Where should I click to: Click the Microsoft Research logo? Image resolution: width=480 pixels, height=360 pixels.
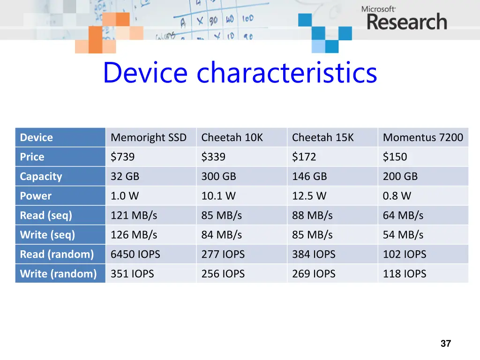click(404, 18)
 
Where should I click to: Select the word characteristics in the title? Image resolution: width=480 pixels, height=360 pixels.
click(287, 73)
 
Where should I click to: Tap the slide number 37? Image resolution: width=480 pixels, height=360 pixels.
click(446, 344)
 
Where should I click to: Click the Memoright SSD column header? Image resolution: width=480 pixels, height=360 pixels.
click(148, 137)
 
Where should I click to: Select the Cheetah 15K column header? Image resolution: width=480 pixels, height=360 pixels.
click(322, 137)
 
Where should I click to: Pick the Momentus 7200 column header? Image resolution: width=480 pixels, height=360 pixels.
click(422, 137)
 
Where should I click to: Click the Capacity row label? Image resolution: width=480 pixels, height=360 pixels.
click(41, 177)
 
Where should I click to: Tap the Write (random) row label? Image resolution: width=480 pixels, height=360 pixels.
click(58, 274)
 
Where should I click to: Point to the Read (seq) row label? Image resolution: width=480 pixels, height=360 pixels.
click(46, 216)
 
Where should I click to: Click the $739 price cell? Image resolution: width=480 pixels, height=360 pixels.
click(122, 157)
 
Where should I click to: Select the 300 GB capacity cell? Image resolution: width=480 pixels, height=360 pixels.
click(218, 177)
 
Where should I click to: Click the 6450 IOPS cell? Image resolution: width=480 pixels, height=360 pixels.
click(135, 255)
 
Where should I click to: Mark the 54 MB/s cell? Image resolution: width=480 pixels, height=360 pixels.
click(403, 235)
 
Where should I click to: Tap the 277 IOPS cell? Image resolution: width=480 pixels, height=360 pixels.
click(223, 255)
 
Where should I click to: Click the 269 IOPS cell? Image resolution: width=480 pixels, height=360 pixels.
click(314, 274)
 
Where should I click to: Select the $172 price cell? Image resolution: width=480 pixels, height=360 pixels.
click(304, 157)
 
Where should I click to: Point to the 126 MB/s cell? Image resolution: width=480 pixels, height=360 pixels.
click(134, 235)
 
